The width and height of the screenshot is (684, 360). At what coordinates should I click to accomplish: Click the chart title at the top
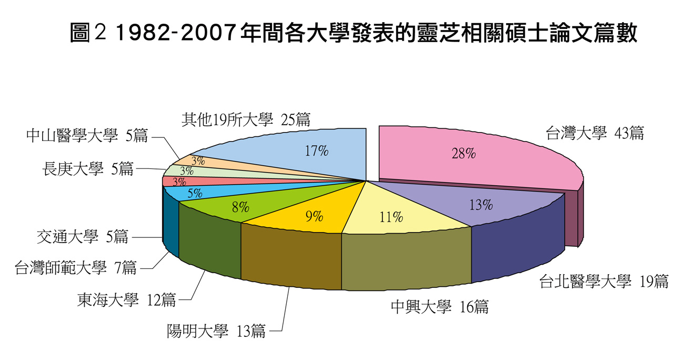coord(353,34)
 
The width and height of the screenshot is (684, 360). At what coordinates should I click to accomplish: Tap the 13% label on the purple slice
coord(481,205)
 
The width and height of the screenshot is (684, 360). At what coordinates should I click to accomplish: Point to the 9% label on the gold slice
coord(314,216)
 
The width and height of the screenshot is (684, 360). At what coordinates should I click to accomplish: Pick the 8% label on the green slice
coord(240,207)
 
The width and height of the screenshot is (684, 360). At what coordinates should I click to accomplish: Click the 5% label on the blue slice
coord(195,193)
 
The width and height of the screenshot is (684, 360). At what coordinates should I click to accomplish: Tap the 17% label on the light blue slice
coord(317,151)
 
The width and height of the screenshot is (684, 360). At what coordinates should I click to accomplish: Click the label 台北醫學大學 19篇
coord(603,282)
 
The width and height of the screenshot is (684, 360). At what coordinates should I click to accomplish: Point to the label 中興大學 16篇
coord(439,307)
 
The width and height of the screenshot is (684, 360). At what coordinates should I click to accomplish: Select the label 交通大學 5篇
coord(83,237)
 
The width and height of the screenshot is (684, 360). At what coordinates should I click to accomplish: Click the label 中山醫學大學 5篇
coord(87,136)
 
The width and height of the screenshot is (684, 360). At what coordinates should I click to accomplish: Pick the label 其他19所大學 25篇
coord(246,119)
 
